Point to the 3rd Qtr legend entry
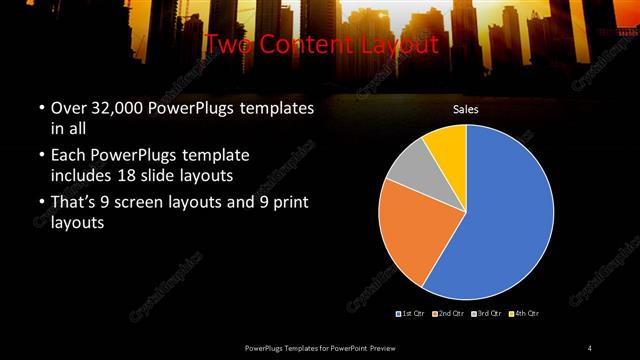click(x=487, y=315)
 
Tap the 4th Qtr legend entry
click(x=524, y=315)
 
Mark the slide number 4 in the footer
click(x=590, y=347)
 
